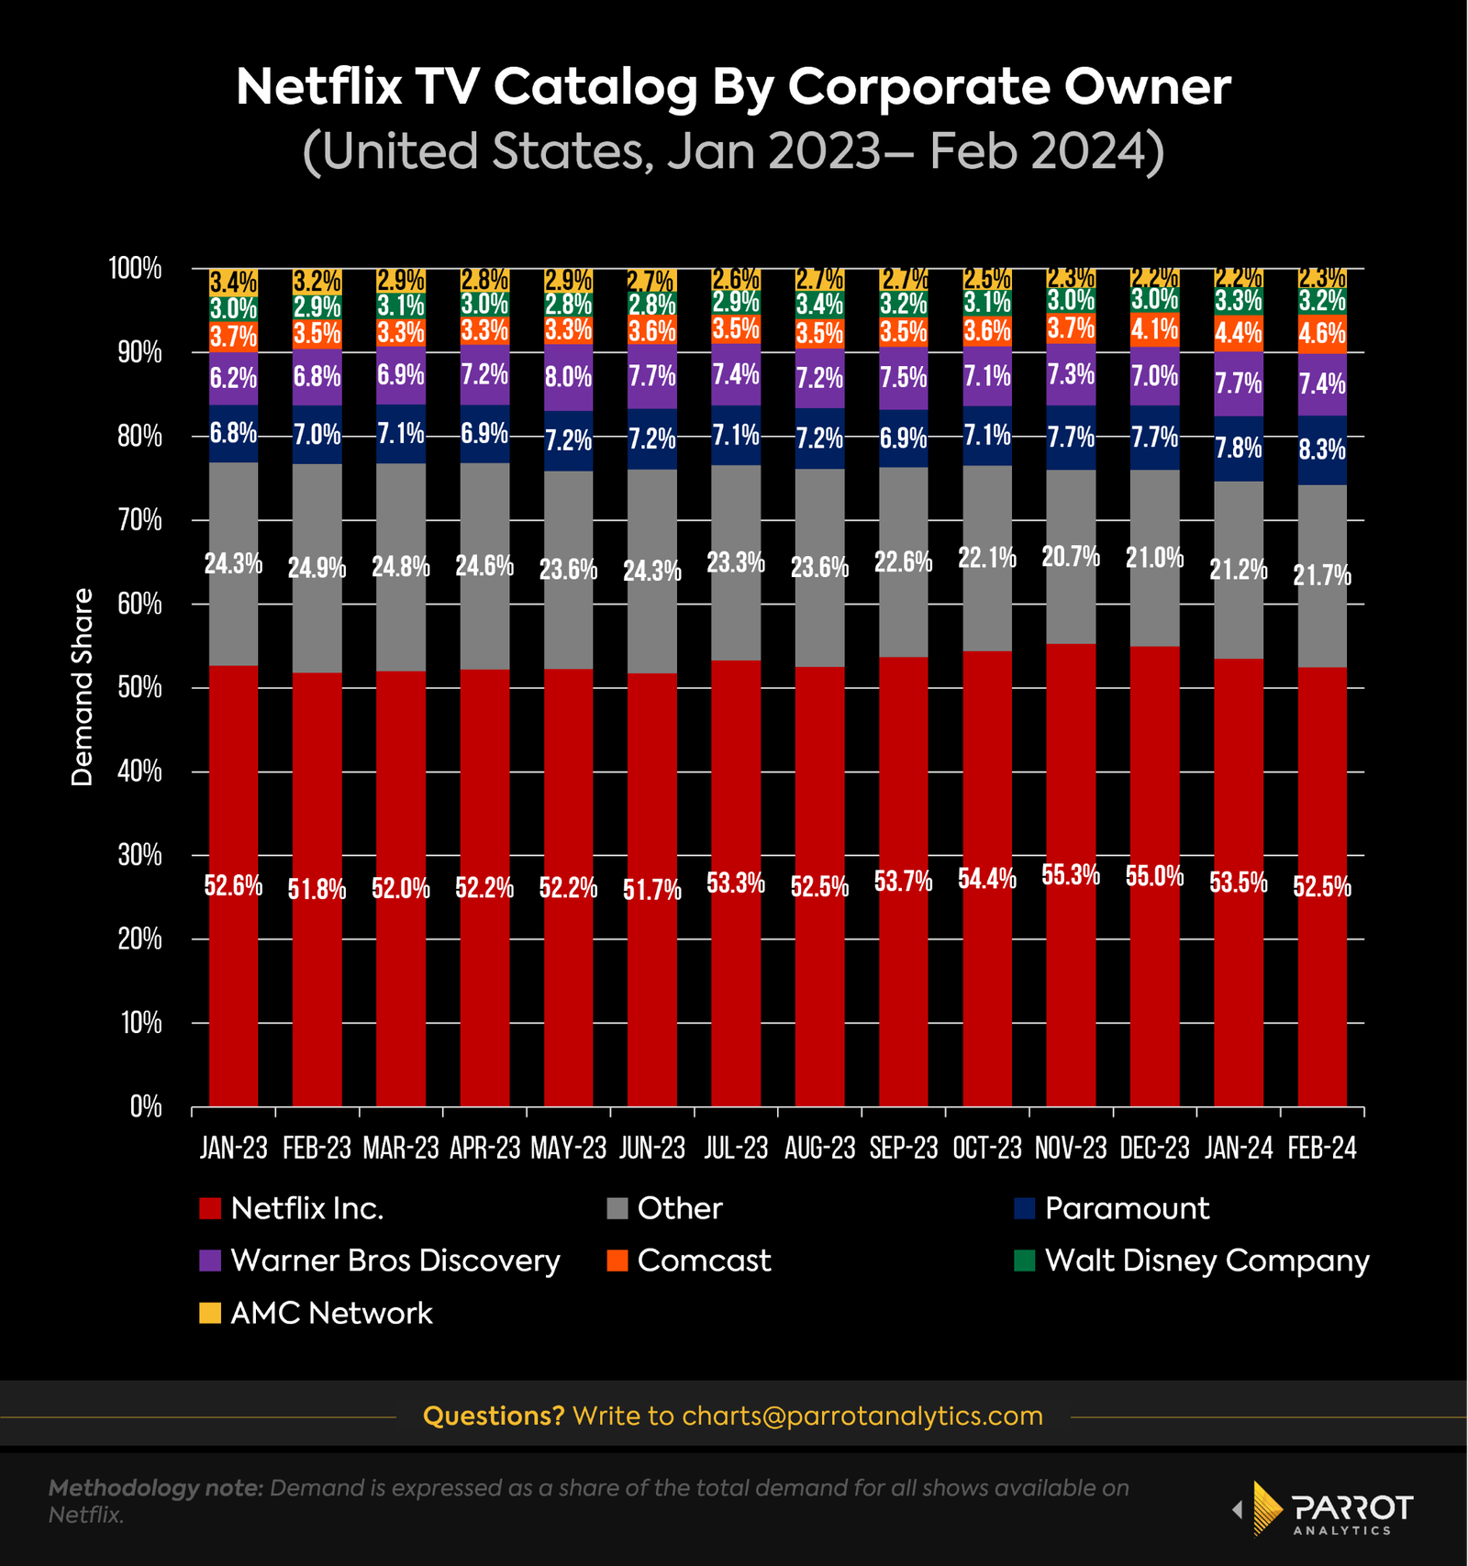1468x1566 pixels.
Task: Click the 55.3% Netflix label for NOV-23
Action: (x=1071, y=874)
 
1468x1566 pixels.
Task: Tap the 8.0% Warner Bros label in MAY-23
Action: (x=569, y=377)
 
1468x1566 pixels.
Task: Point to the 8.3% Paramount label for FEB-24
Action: (x=1322, y=450)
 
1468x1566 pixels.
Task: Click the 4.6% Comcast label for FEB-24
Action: (x=1322, y=334)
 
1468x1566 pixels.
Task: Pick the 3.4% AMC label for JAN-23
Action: (x=233, y=283)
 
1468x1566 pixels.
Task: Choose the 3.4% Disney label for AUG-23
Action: (x=819, y=304)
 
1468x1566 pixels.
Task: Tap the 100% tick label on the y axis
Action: (x=135, y=269)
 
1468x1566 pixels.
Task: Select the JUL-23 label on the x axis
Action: (x=736, y=1148)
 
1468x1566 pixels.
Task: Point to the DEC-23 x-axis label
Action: (x=1154, y=1148)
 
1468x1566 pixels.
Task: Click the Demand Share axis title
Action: (x=83, y=687)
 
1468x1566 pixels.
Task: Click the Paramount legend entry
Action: (x=1126, y=1208)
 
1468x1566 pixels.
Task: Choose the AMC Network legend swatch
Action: (x=210, y=1313)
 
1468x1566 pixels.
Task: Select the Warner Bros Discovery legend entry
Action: (x=395, y=1261)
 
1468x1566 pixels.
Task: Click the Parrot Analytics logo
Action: (x=1323, y=1508)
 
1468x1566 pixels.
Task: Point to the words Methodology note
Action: (x=156, y=1488)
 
